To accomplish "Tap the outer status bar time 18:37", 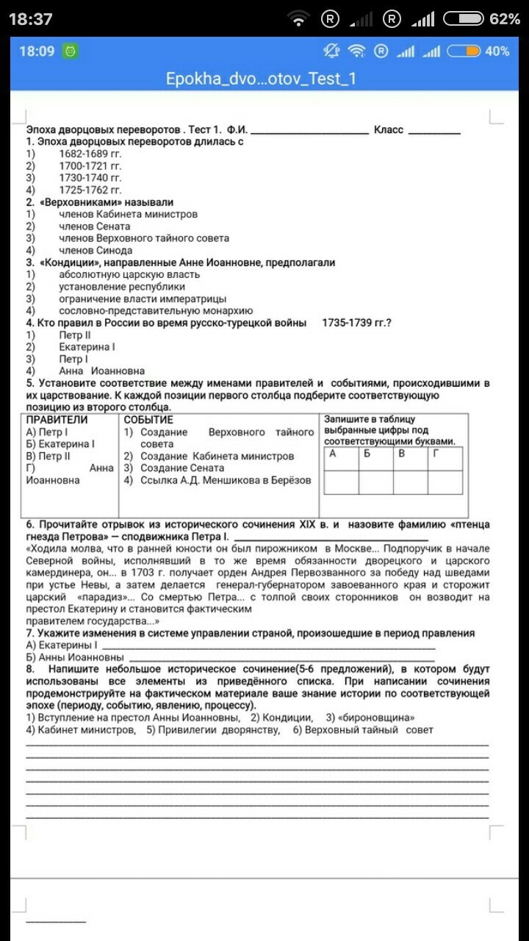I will point(30,19).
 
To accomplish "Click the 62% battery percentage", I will point(505,19).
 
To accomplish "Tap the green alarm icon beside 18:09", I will point(71,51).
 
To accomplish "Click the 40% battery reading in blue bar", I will point(497,51).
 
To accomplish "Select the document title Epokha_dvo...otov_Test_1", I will point(261,79).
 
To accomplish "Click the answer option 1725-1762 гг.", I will point(90,190).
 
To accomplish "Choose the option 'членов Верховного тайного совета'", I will point(144,238).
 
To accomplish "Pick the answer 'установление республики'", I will point(122,287).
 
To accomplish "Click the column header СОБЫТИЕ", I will point(148,420).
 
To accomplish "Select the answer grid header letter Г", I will point(436,454).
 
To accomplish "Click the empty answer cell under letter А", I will point(341,482).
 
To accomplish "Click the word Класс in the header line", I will point(389,130).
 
